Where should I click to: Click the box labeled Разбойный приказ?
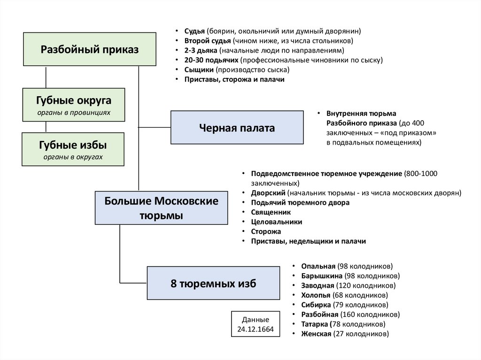(90, 49)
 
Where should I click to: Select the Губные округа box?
(74, 105)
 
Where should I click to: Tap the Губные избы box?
(73, 149)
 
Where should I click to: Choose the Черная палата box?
(237, 127)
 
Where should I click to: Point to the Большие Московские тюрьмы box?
(162, 208)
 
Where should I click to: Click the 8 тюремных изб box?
(213, 283)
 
